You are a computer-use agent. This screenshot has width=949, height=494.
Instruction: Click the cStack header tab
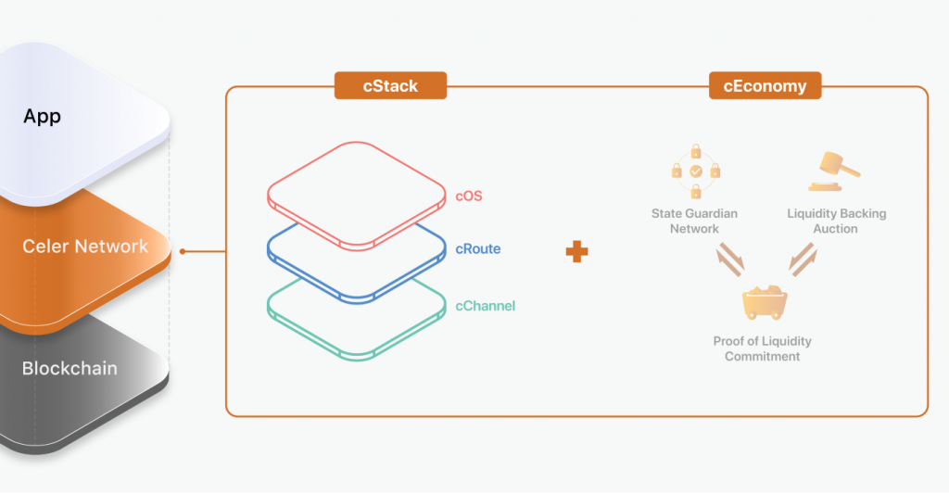tap(390, 86)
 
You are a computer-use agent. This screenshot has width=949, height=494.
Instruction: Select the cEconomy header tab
tap(765, 86)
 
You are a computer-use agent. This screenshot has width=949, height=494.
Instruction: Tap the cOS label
tap(469, 196)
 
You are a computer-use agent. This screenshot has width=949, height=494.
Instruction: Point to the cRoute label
tap(478, 249)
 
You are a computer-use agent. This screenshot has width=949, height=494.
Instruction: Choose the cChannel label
tap(485, 306)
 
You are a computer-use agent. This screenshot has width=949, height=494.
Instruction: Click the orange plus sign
tap(577, 251)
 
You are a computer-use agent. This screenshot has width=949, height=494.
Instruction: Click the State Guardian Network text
tap(694, 221)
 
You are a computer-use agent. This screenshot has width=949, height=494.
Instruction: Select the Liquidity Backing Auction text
tap(836, 221)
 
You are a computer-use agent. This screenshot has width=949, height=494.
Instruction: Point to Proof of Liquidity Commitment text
tap(762, 348)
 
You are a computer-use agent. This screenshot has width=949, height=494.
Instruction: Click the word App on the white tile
tap(43, 118)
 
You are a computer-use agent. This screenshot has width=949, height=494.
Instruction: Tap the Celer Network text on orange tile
tap(85, 247)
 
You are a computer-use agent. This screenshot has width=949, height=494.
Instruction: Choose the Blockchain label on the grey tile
tap(70, 368)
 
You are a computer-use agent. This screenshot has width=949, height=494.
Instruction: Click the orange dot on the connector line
tap(183, 251)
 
